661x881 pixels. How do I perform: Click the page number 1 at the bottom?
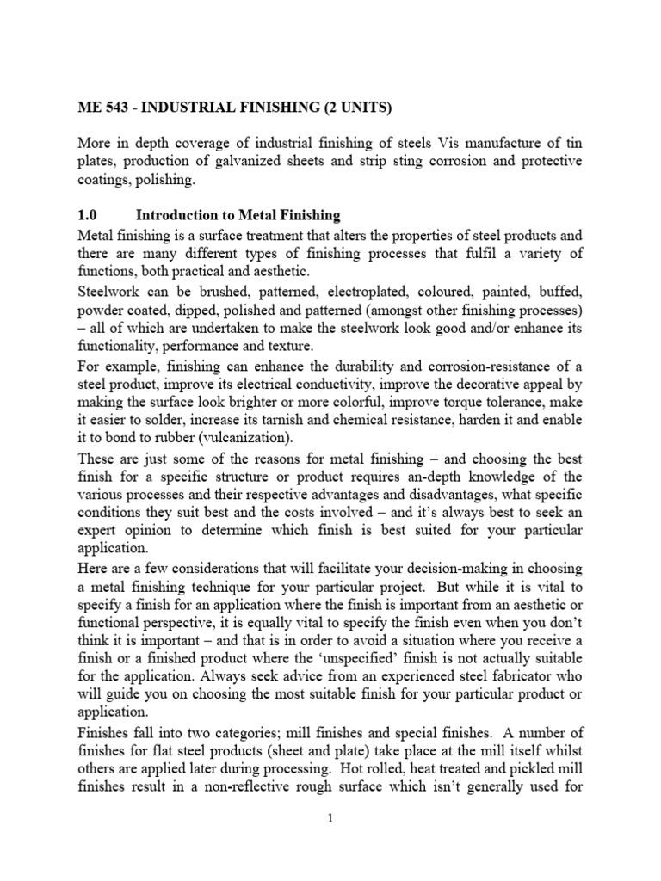330,818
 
